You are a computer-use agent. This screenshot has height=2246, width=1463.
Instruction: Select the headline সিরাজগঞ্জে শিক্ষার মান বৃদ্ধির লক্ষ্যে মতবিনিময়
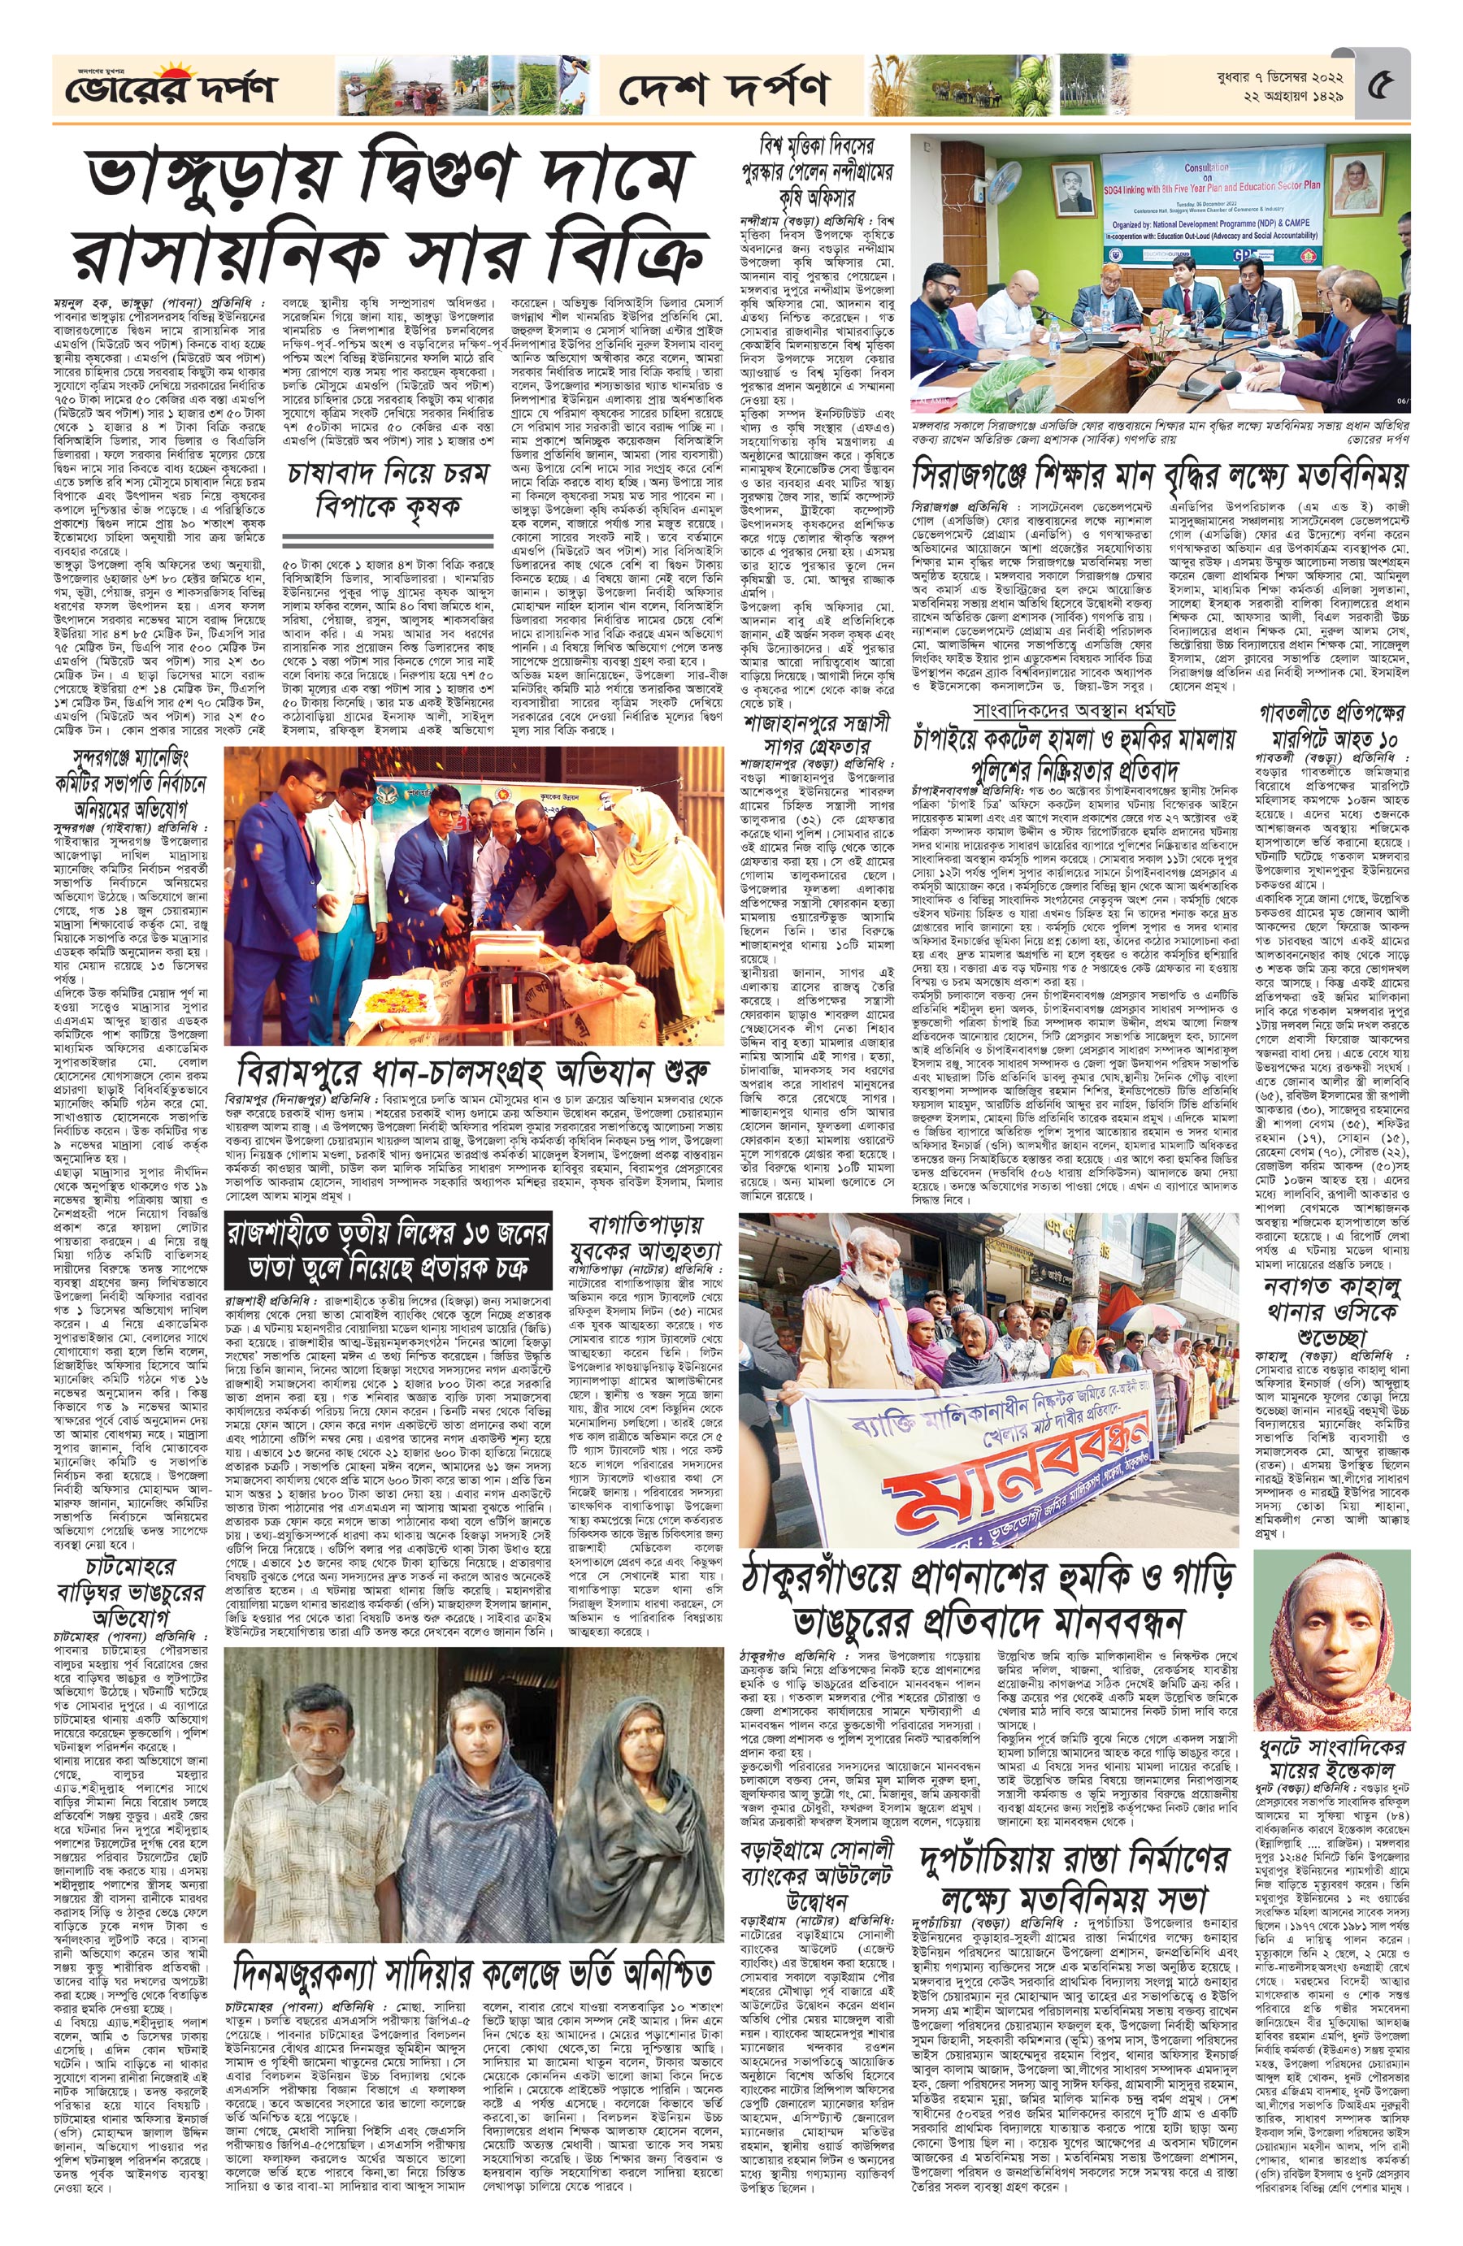click(x=1159, y=469)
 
